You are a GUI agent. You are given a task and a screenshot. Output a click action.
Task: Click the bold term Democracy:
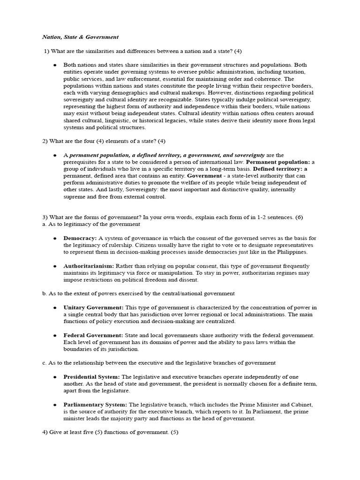coord(80,238)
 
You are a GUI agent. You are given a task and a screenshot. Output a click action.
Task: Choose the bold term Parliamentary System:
coord(95,405)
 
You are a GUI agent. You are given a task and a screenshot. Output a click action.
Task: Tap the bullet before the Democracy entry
coord(55,238)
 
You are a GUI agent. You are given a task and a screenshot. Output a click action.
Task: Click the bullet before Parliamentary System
coord(55,405)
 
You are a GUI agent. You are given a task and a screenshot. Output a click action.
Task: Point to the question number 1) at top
coord(45,51)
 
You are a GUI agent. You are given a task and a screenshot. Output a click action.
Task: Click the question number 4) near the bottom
coord(45,432)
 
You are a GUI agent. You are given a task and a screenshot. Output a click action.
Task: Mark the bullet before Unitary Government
coord(55,307)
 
